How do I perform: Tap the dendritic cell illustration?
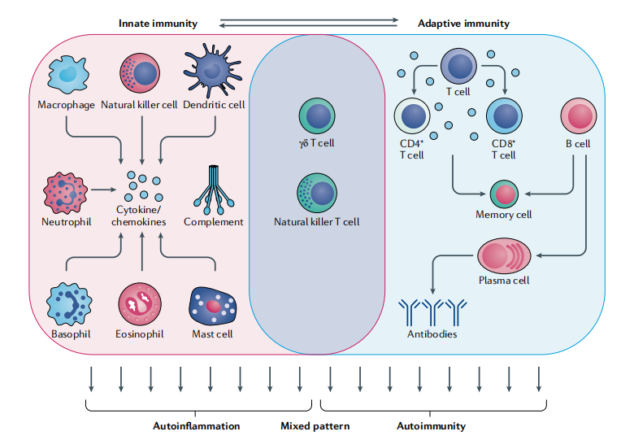pos(213,72)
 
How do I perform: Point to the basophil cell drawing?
pos(67,304)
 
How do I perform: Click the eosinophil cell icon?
pos(141,305)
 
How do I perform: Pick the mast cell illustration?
pos(213,306)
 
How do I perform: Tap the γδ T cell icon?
pos(317,116)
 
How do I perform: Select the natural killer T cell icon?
pos(317,193)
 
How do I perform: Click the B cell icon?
pos(576,116)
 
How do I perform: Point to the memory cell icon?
pos(504,194)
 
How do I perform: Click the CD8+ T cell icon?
pos(503,117)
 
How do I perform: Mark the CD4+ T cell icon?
pos(411,117)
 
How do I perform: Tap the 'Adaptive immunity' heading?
pos(463,24)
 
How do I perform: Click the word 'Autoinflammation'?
pos(196,425)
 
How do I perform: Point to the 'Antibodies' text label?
pos(432,333)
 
